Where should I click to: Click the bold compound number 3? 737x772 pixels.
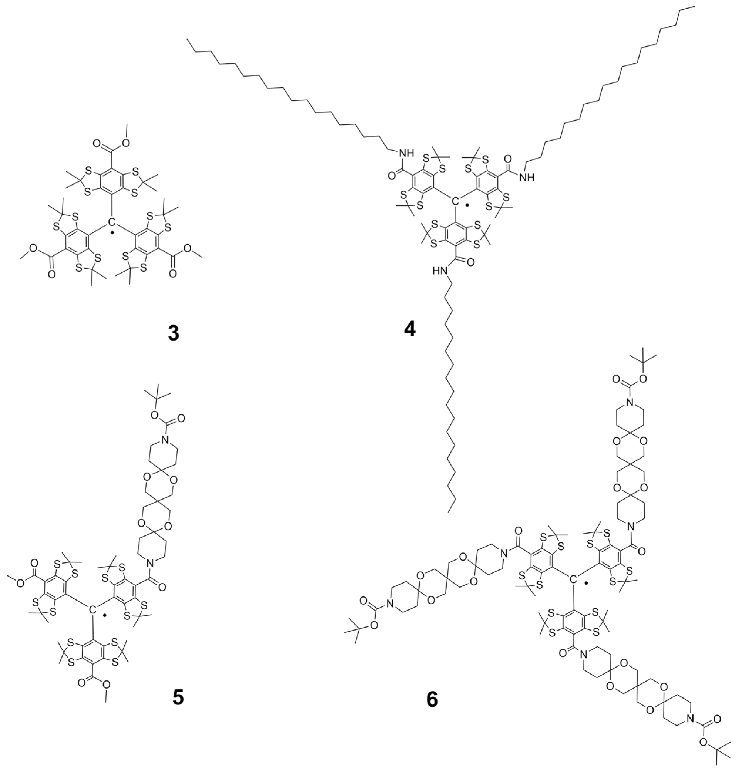pos(173,333)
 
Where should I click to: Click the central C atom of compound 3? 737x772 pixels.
pos(111,222)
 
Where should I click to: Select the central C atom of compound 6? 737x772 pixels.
pos(573,578)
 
